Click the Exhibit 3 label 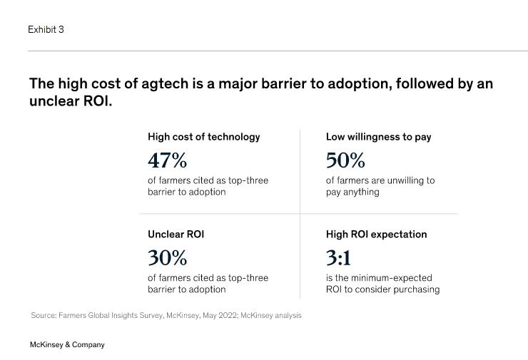click(46, 29)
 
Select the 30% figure click(167, 257)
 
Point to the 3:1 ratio click(338, 257)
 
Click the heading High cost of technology click(203, 136)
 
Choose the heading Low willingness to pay click(378, 136)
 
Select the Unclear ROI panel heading click(176, 234)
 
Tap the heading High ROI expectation click(376, 234)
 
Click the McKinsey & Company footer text click(67, 344)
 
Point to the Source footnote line click(166, 315)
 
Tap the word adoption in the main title click(359, 83)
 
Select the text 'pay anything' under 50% click(352, 192)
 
